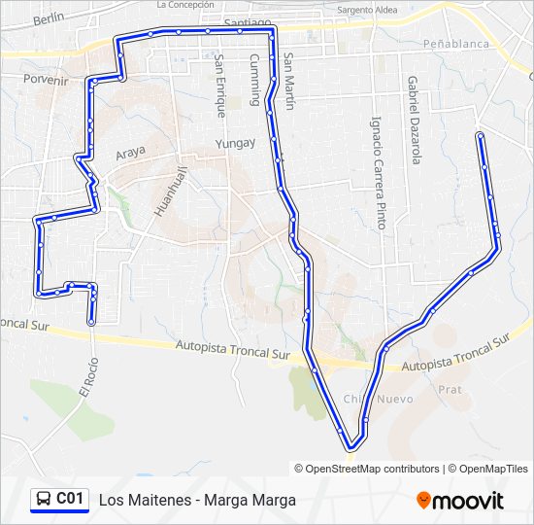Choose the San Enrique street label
click(x=220, y=85)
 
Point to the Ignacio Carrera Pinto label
click(x=378, y=172)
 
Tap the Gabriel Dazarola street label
click(x=414, y=121)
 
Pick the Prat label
click(x=450, y=389)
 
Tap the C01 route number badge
click(x=70, y=499)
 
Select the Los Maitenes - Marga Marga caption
click(x=197, y=500)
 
